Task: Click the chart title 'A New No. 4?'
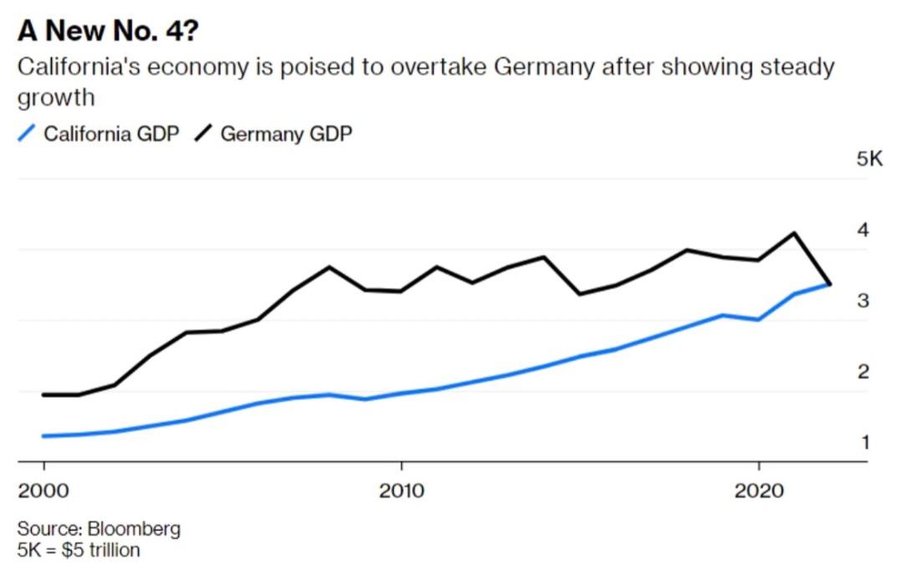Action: pyautogui.click(x=109, y=31)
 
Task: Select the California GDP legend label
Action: pyautogui.click(x=111, y=133)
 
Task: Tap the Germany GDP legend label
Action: pyautogui.click(x=286, y=133)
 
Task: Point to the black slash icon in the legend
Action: pyautogui.click(x=202, y=133)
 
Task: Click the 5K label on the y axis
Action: pyautogui.click(x=869, y=159)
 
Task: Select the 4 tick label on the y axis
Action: pyautogui.click(x=863, y=229)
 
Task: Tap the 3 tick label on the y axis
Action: pyautogui.click(x=863, y=300)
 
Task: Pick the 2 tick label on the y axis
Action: pyautogui.click(x=863, y=372)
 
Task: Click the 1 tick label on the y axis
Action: pyautogui.click(x=864, y=442)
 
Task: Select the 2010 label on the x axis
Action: pyautogui.click(x=401, y=490)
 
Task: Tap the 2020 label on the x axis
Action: pyautogui.click(x=758, y=490)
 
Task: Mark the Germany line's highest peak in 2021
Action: pyautogui.click(x=793, y=233)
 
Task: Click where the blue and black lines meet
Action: pyautogui.click(x=829, y=285)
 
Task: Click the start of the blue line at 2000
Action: pyautogui.click(x=43, y=436)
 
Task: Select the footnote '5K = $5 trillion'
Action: pyautogui.click(x=79, y=550)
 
